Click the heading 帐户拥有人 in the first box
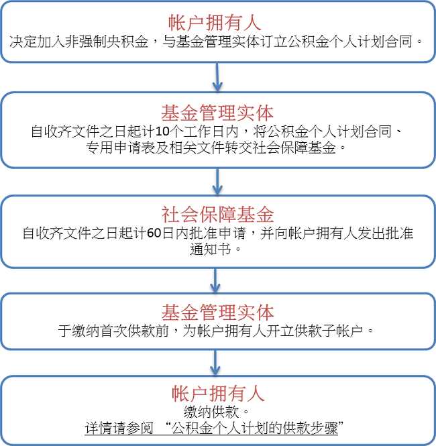[x=215, y=23]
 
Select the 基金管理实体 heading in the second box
[x=217, y=113]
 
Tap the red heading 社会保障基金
[x=217, y=215]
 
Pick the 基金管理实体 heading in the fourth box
[x=217, y=313]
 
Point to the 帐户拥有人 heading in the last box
[x=218, y=394]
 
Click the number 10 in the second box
[x=163, y=131]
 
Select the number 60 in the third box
[x=154, y=233]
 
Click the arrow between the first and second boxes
[x=217, y=77]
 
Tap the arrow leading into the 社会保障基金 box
[x=217, y=182]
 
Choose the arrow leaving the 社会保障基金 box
[x=215, y=280]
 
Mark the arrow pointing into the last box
[x=215, y=363]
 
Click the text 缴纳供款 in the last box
[x=211, y=412]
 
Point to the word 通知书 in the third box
[x=211, y=249]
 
